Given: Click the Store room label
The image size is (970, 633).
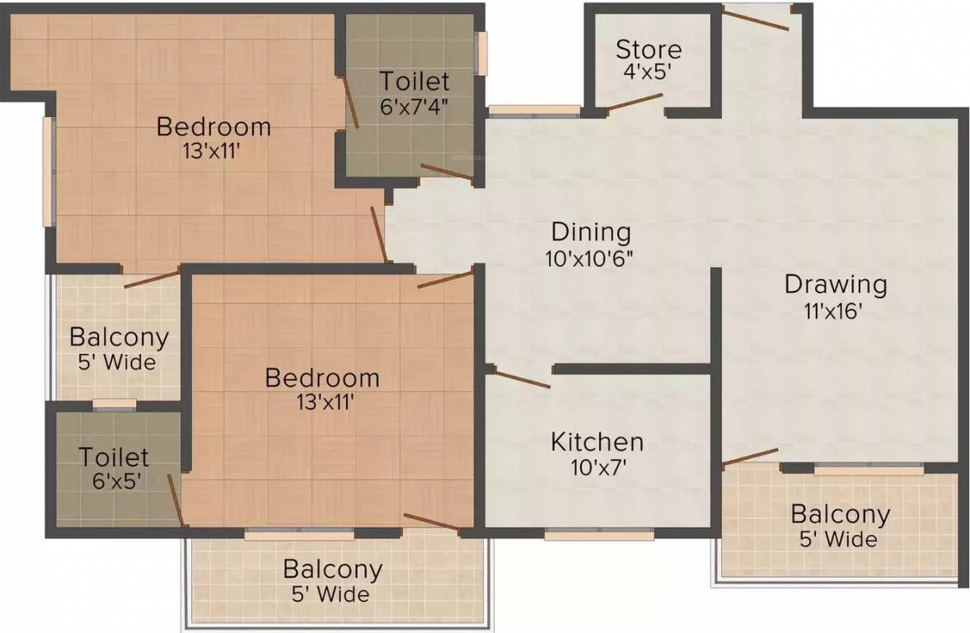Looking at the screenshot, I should point(649,49).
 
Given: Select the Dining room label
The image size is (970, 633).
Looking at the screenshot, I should point(591,232).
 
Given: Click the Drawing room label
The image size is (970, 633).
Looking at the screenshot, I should point(836,285).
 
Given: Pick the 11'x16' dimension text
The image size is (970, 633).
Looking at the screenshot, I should point(836,312).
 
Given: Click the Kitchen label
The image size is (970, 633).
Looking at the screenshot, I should point(597,441).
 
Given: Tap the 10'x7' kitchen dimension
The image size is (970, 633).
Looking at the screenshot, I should point(597,467).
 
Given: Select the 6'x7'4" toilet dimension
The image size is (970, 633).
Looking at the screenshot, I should point(414,107).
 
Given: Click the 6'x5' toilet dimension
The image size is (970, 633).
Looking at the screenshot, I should point(114,481).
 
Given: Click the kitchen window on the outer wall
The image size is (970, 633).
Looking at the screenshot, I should point(599,533).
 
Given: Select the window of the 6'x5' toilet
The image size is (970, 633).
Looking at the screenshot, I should point(114,404).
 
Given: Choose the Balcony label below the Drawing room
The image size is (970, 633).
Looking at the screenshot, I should point(840,514).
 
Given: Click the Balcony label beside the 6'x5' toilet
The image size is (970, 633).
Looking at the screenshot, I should point(119,337).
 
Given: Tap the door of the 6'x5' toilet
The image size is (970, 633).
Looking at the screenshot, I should point(175,499).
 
